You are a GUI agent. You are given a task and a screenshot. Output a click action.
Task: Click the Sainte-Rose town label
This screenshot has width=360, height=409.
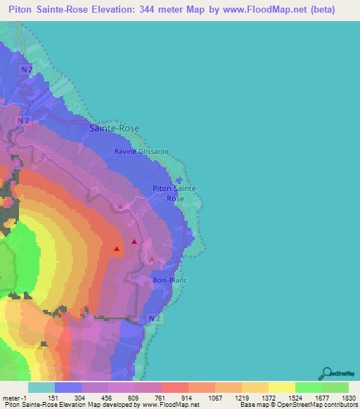114,129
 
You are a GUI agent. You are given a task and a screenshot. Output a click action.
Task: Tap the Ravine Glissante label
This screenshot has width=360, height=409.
142,151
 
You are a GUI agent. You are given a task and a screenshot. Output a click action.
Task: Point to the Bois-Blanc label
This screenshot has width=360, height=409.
169,280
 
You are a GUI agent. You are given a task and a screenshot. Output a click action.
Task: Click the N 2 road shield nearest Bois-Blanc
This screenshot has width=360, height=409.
156,318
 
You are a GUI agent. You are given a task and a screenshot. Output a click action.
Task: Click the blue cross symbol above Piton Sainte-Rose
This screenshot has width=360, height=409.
179,180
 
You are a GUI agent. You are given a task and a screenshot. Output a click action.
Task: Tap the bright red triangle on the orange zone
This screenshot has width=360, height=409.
117,248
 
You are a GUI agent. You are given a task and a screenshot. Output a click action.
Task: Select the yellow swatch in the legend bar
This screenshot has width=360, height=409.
281,387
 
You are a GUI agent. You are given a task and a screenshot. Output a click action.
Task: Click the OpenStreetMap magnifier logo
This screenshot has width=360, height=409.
326,374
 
